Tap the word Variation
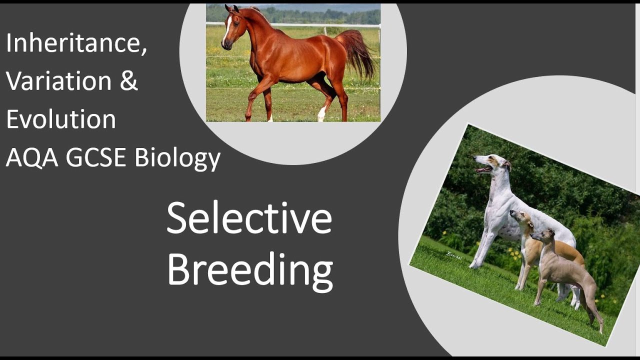59,81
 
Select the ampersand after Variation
129,81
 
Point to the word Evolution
61,119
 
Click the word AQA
31,157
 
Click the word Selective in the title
249,219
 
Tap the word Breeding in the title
249,269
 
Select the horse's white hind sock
321,113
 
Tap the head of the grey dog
545,235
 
